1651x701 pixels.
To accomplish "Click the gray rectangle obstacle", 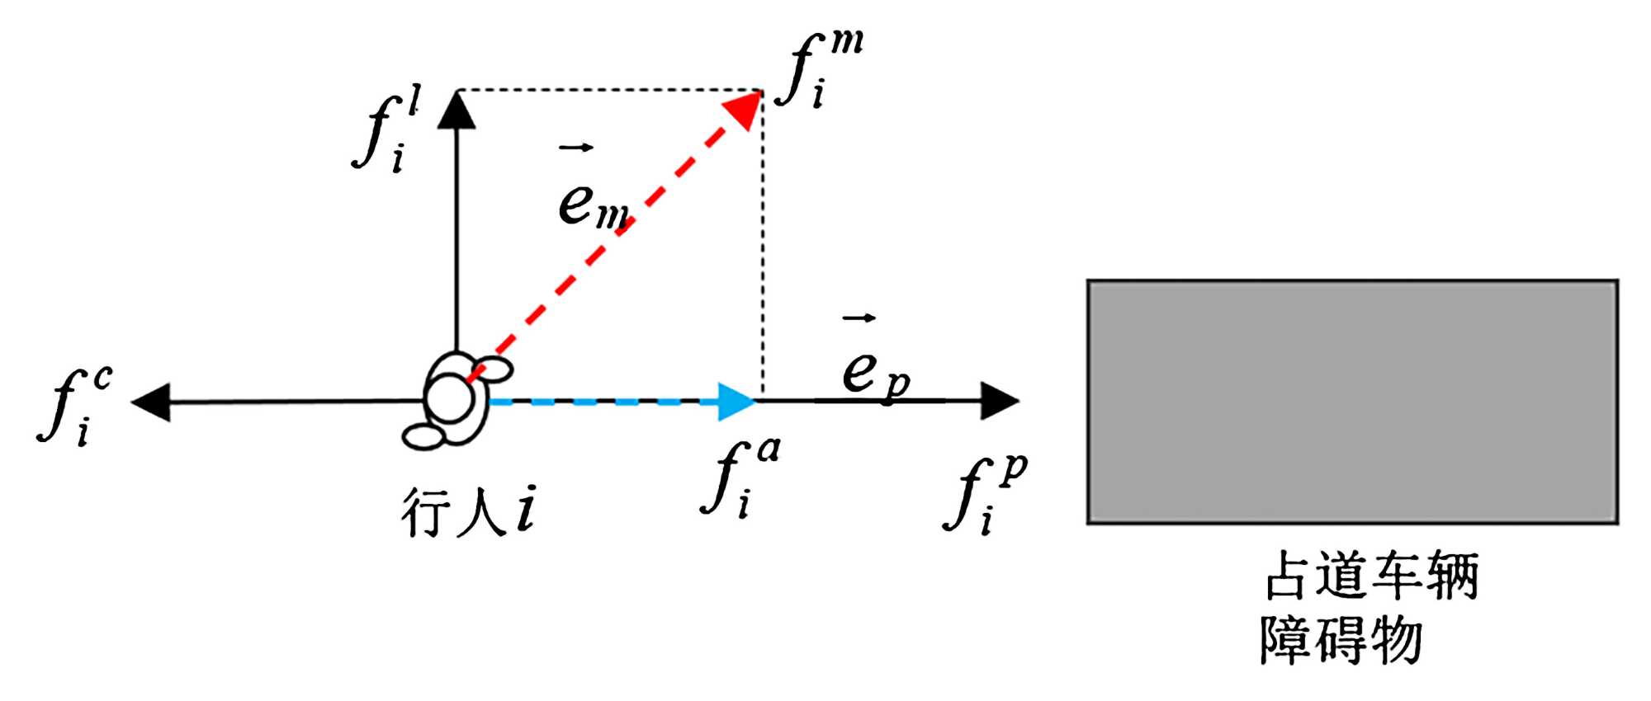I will pos(1352,402).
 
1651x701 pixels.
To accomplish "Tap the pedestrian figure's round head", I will pos(450,398).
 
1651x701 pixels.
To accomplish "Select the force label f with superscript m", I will pos(821,70).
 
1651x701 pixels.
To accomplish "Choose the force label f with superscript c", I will pos(74,404).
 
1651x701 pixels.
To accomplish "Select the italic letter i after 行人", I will pos(526,509).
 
